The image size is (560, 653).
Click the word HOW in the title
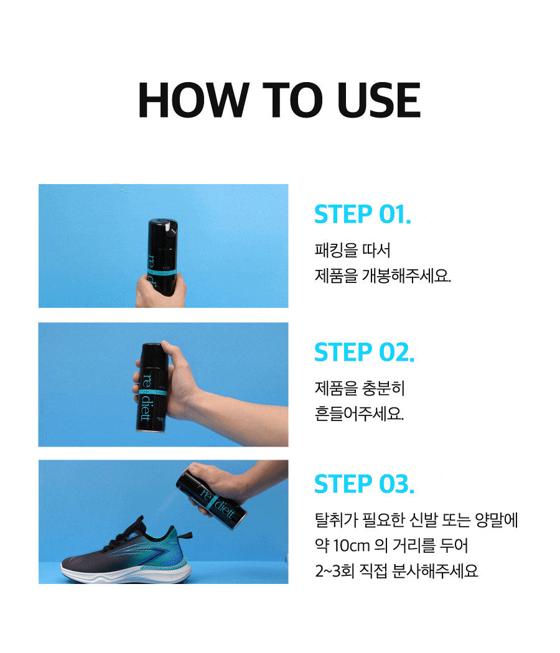[194, 100]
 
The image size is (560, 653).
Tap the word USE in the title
[378, 100]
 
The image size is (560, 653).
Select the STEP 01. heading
[363, 215]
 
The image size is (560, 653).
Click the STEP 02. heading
[364, 353]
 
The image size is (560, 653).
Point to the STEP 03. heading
[364, 484]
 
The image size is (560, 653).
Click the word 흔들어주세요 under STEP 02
[359, 414]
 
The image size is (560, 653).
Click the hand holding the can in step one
[161, 292]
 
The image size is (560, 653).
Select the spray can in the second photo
[152, 387]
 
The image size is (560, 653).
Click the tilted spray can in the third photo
[212, 500]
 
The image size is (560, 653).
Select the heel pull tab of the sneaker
[185, 534]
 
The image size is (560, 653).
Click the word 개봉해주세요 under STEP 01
[406, 276]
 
